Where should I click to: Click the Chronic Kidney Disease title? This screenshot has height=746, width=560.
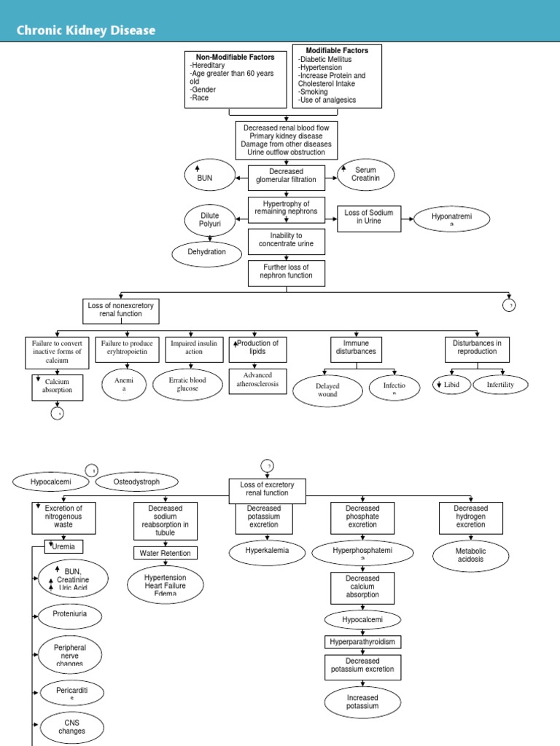(86, 31)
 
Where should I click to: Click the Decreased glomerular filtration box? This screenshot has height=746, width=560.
(287, 176)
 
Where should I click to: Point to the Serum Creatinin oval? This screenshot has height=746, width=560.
(365, 175)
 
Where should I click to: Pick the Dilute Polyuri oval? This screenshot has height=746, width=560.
(210, 220)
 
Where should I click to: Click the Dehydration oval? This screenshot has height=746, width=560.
(206, 253)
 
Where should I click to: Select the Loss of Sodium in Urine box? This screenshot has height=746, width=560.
(369, 217)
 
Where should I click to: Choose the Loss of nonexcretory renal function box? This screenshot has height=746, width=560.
(121, 310)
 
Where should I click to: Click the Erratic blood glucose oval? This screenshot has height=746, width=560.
(187, 385)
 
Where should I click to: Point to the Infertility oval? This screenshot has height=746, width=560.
(500, 384)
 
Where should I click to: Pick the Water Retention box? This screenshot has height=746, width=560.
(166, 553)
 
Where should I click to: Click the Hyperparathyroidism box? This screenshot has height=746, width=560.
(362, 642)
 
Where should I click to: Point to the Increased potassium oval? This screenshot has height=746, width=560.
(362, 702)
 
